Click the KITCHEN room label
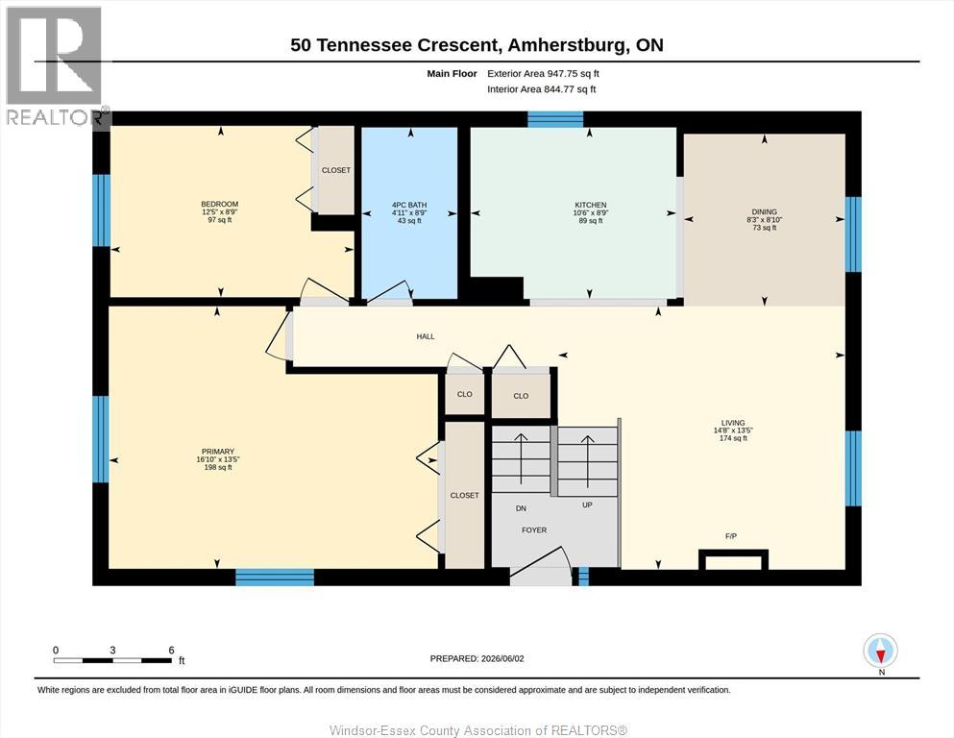pos(591,205)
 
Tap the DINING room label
pos(764,211)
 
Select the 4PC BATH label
pos(409,205)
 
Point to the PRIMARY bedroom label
pos(218,452)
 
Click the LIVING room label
pos(733,423)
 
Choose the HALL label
pos(426,336)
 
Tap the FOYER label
pos(534,529)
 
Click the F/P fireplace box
pos(733,559)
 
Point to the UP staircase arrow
pos(588,461)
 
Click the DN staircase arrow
pos(522,458)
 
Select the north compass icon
pos(880,651)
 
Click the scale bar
pos(113,660)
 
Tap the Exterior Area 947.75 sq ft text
pos(544,74)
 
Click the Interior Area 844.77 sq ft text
pos(542,89)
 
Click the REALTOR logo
pos(55,65)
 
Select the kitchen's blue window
pos(555,119)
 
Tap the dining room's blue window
pos(854,234)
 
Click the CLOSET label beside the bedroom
pos(336,170)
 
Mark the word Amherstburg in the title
pos(567,45)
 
